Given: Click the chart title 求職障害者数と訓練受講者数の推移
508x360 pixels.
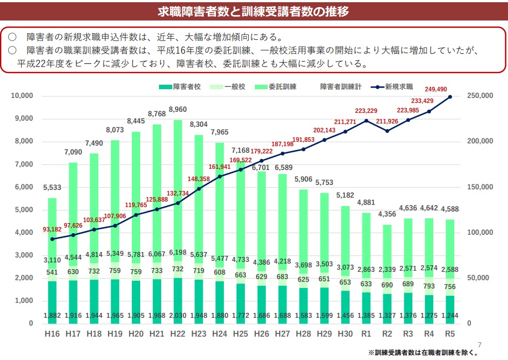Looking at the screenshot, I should (x=254, y=10).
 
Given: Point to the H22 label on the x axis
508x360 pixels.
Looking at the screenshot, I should (x=178, y=334).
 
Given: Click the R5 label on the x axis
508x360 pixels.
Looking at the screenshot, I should (x=450, y=334).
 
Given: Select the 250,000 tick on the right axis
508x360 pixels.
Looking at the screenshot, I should (x=480, y=96).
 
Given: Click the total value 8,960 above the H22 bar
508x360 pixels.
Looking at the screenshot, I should (x=178, y=110).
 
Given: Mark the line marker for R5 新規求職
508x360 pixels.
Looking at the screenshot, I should (x=450, y=97).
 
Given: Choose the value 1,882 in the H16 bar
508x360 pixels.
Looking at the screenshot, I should (x=52, y=316).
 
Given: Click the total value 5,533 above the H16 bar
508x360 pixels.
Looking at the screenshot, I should (x=52, y=188).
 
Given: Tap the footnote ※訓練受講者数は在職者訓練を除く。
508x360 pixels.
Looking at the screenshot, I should (x=423, y=352).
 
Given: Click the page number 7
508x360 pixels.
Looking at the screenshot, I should (x=480, y=343).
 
